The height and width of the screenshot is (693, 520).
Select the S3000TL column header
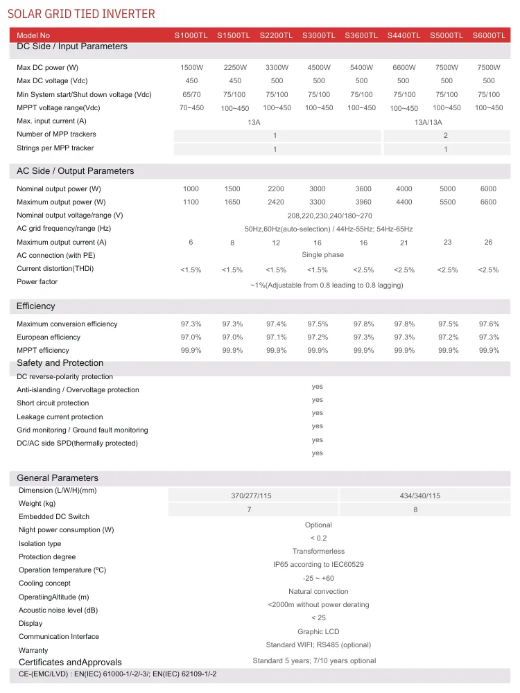pyautogui.click(x=318, y=35)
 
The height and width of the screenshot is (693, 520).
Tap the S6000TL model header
pyautogui.click(x=489, y=35)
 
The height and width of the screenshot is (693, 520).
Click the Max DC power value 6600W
pyautogui.click(x=404, y=67)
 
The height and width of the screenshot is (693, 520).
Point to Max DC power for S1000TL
pyautogui.click(x=191, y=67)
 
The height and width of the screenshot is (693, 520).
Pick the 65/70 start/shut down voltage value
pyautogui.click(x=191, y=94)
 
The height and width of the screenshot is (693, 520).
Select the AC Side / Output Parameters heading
pyautogui.click(x=76, y=171)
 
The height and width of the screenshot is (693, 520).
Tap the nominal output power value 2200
pyautogui.click(x=276, y=189)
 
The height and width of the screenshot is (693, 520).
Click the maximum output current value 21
pyautogui.click(x=404, y=243)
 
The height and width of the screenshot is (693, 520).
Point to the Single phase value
pyautogui.click(x=323, y=255)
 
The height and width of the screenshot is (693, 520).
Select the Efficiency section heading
pyautogui.click(x=36, y=306)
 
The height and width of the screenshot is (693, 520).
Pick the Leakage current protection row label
pyautogui.click(x=60, y=417)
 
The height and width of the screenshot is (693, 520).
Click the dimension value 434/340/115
pyautogui.click(x=420, y=496)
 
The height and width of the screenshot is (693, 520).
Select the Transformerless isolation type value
pyautogui.click(x=319, y=552)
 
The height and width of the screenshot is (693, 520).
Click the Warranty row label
pyautogui.click(x=33, y=651)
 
